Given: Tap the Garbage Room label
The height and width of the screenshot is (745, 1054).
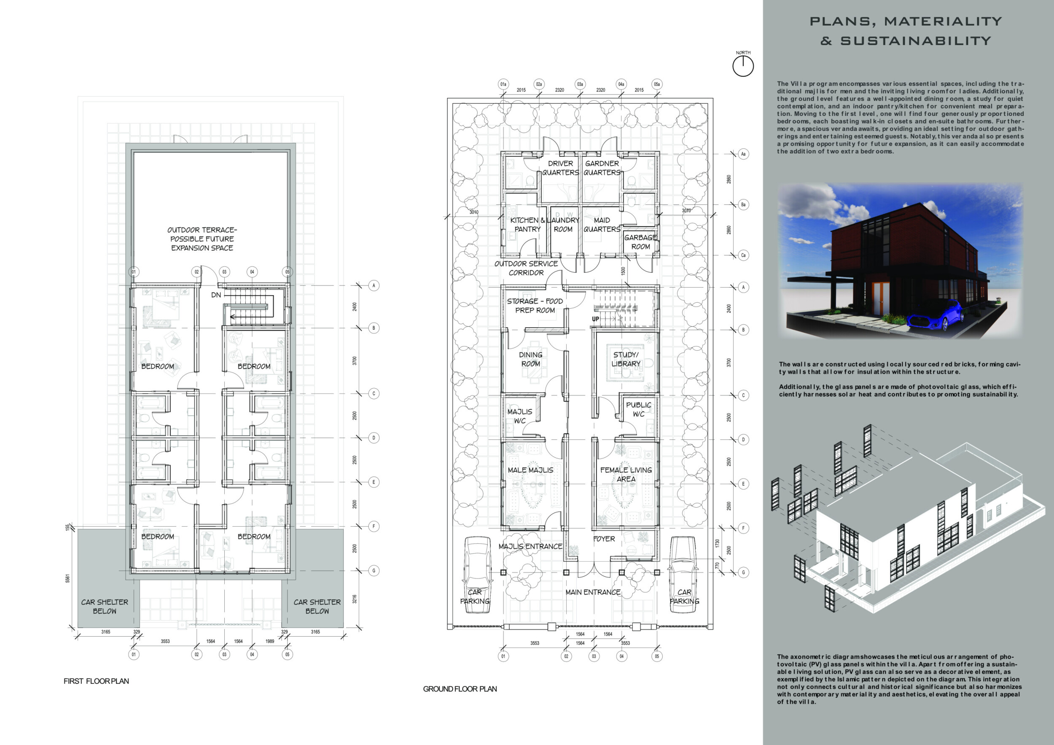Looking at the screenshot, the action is [640, 242].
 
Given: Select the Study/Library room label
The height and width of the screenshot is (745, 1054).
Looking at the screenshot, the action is [626, 359].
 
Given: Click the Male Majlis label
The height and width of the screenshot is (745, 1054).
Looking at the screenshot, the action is [530, 470].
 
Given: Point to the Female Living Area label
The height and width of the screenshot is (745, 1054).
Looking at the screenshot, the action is [626, 474].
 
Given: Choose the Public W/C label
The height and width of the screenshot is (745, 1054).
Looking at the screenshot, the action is [639, 409].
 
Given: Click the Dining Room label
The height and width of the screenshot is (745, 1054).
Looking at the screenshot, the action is [531, 359].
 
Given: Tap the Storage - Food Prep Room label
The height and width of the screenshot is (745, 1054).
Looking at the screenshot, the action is [535, 306].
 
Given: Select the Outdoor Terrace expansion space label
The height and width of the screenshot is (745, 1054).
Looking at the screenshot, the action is [202, 239].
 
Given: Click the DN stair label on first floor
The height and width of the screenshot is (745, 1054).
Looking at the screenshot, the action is [216, 295].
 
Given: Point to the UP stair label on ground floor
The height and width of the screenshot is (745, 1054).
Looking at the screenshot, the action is [595, 319].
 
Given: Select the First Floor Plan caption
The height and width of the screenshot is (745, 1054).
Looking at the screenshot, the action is [97, 681].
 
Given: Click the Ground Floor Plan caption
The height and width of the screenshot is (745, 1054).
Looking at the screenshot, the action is [460, 689].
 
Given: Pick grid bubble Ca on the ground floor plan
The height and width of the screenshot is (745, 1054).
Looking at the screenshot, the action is [743, 255].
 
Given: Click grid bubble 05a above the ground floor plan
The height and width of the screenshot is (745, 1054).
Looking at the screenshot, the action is [657, 84].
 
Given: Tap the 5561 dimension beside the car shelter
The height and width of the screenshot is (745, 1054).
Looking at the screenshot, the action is [67, 578].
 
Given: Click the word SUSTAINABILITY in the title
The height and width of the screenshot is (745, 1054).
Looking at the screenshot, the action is [916, 41].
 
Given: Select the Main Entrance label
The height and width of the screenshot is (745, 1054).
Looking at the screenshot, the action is [593, 592].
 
